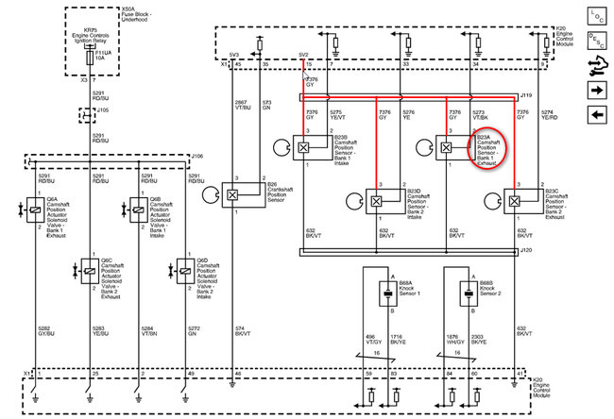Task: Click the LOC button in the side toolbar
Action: (x=597, y=17)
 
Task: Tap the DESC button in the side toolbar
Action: (x=597, y=42)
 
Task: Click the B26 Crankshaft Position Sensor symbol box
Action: (x=230, y=193)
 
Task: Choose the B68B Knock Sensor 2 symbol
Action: (x=465, y=293)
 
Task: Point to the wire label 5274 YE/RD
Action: (x=547, y=114)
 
